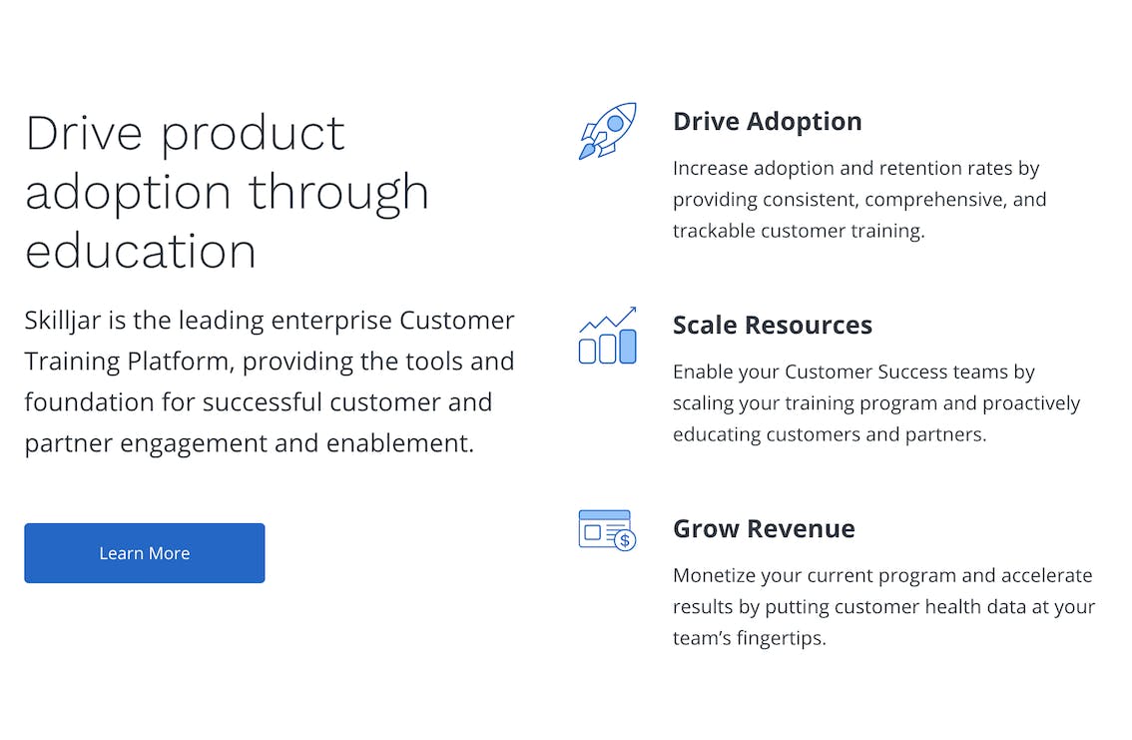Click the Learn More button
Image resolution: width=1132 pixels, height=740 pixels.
[x=145, y=553]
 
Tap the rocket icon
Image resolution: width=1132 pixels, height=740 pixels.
[x=607, y=131]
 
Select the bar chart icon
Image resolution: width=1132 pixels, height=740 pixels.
[x=607, y=336]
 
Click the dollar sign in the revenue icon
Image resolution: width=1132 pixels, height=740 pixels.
[x=625, y=540]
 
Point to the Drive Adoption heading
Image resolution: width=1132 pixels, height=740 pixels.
[x=768, y=121]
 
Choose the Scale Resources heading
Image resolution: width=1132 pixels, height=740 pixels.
[x=773, y=325]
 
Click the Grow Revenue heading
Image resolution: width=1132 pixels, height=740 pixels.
[x=764, y=528]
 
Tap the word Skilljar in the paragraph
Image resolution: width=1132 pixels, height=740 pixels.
[x=63, y=321]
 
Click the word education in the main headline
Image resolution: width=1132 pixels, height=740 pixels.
[x=141, y=252]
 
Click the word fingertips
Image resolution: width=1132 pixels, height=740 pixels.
[x=789, y=639]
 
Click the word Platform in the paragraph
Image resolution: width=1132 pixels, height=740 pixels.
[x=182, y=361]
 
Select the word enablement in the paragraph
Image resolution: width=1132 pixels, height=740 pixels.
[x=400, y=443]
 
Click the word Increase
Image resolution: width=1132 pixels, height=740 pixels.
[x=710, y=168]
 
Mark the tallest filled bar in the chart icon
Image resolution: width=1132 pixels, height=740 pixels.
[x=628, y=347]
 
